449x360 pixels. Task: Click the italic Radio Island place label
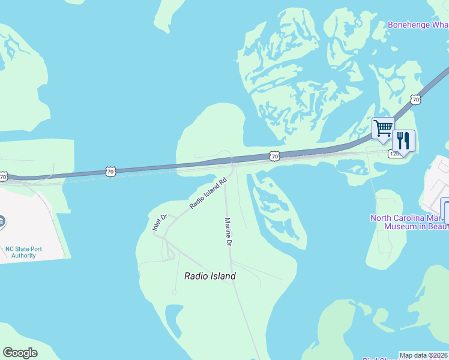click(x=209, y=276)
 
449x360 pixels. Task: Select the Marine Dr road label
click(x=228, y=232)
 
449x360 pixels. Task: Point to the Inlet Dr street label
click(x=158, y=223)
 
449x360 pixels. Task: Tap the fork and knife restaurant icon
click(x=403, y=141)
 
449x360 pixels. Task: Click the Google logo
click(x=20, y=353)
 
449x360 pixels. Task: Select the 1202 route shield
click(x=395, y=154)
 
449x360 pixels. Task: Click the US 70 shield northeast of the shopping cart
click(x=415, y=99)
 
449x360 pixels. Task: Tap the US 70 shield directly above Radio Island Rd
click(x=274, y=156)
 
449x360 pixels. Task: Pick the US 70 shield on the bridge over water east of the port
click(x=110, y=172)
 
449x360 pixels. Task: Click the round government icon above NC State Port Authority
click(x=2, y=221)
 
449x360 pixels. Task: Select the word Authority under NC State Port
click(x=24, y=256)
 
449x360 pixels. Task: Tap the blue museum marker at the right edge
click(x=445, y=210)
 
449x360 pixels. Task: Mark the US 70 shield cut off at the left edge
click(x=3, y=176)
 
